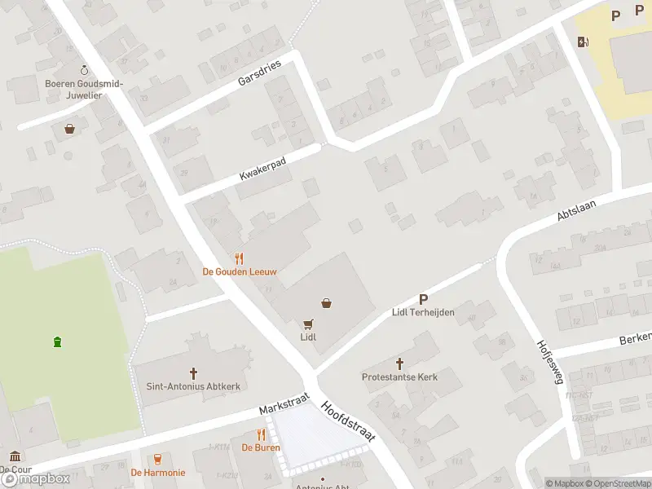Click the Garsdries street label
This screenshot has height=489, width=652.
coord(259,73)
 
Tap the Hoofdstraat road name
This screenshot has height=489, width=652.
coord(348,421)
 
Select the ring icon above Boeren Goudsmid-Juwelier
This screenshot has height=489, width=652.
coord(82,71)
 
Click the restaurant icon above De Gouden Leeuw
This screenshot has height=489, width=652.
coord(239,258)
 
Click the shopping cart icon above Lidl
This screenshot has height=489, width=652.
coord(308,324)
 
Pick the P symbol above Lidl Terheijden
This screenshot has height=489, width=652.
coord(423,299)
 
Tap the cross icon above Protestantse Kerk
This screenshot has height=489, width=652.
coord(399,363)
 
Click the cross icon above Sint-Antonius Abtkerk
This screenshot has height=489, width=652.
coord(194,373)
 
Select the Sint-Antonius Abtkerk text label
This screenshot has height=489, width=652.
coord(193,386)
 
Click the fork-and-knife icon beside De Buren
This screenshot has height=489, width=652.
coord(262,434)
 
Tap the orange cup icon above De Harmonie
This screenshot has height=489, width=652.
coord(157,459)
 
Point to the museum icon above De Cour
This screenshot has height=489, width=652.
coord(15,456)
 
